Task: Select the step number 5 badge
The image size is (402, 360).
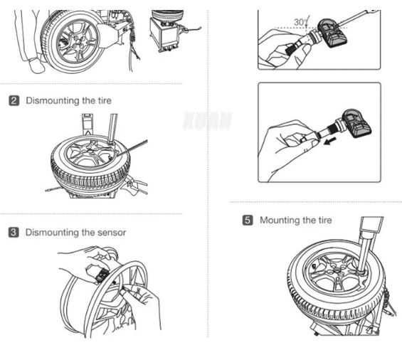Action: click(248, 220)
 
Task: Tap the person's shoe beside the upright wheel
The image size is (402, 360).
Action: click(36, 66)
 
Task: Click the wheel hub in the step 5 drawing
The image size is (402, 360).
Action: click(334, 275)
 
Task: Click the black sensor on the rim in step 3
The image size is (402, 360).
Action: click(102, 275)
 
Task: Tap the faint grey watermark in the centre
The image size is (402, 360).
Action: click(207, 120)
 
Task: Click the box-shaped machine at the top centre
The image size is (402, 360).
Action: click(168, 33)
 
